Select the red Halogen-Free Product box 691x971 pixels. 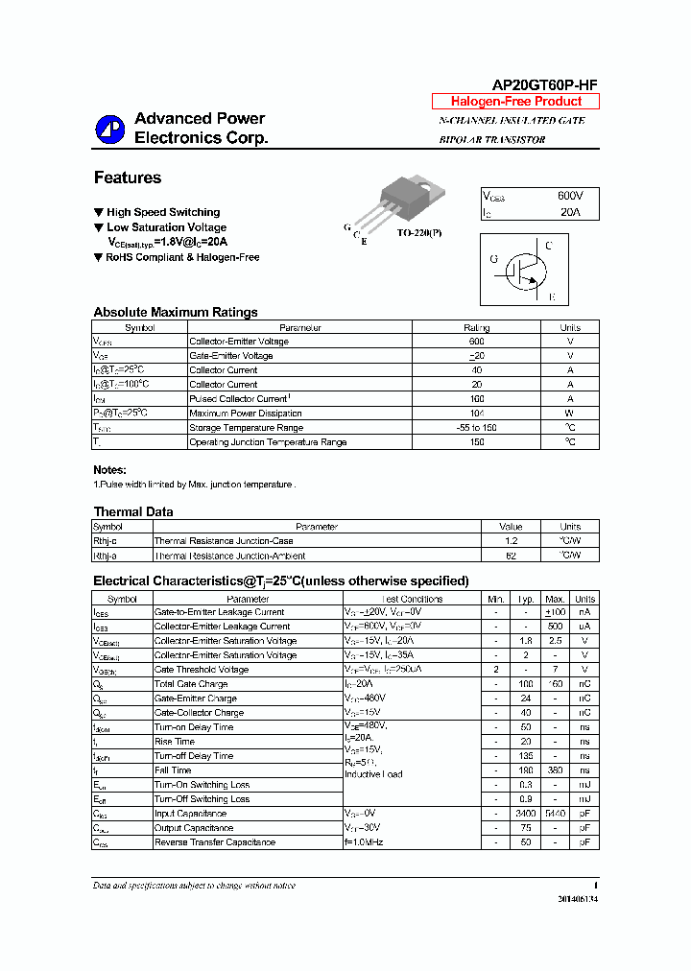(515, 102)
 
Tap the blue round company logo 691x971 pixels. (109, 130)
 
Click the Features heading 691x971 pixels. (128, 178)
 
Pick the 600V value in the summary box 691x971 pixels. (570, 196)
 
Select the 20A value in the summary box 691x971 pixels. (570, 212)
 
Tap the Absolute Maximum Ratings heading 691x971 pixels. (176, 312)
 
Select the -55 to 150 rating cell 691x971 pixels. (476, 427)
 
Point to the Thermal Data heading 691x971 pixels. (133, 511)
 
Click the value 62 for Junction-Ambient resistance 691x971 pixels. (511, 556)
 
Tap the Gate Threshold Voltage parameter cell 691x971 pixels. (205, 670)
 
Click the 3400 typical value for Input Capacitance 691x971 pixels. (525, 814)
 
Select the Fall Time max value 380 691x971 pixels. (555, 770)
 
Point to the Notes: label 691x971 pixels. (109, 470)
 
